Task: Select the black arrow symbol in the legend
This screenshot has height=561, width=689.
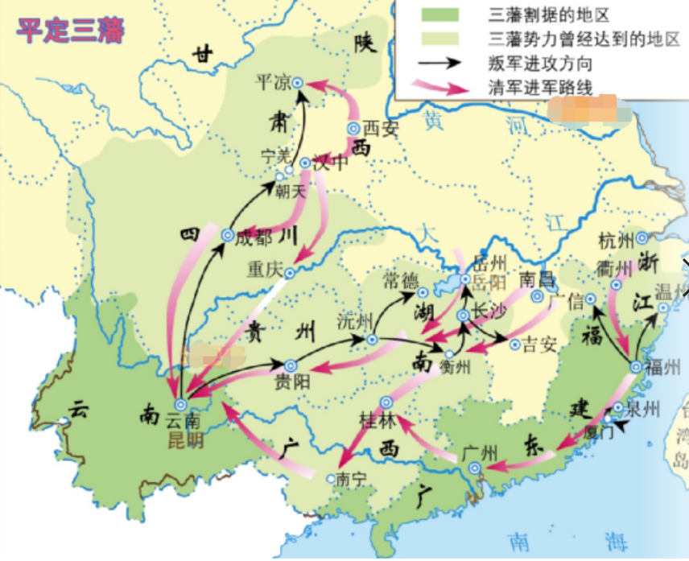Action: pos(435,63)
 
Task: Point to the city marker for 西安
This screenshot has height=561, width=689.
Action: pos(353,128)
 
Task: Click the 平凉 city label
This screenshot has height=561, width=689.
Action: pos(270,82)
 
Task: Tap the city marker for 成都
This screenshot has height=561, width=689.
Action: pos(227,236)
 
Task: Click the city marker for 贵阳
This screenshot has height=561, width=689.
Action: pos(289,365)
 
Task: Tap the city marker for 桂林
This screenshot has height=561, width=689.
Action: pos(386,402)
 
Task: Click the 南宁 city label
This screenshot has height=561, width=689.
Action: pos(352,478)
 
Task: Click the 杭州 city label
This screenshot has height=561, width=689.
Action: pos(617,238)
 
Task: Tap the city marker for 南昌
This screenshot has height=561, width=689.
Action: pos(537,296)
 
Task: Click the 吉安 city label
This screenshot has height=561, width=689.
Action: pos(539,344)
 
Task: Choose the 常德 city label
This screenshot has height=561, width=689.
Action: pos(401,280)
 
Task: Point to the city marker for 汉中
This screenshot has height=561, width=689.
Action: pos(305,163)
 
